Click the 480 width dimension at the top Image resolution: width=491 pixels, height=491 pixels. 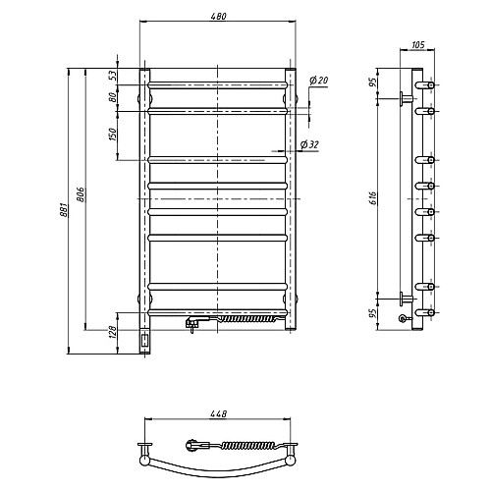(x=219, y=16)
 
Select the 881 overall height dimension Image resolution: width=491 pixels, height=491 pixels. (x=64, y=209)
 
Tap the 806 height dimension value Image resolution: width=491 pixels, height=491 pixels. (x=82, y=194)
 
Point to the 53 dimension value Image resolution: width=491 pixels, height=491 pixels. (x=113, y=76)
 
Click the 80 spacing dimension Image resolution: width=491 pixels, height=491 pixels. (x=113, y=97)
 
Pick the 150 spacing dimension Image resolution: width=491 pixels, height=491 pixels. (x=113, y=135)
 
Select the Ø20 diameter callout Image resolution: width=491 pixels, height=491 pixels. (x=318, y=80)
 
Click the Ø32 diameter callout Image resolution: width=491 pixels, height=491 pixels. (x=309, y=144)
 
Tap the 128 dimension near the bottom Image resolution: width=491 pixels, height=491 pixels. (x=113, y=333)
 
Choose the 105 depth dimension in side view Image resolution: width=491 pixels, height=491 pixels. (x=417, y=44)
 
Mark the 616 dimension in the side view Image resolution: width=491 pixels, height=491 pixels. (x=374, y=198)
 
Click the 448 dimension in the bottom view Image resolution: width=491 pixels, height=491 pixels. (x=219, y=414)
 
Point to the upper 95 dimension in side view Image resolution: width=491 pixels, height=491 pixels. (x=374, y=81)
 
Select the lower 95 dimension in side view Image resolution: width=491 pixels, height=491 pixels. (x=374, y=313)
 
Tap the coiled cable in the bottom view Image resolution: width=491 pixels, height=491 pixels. (x=246, y=445)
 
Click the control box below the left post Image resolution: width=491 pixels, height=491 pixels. (x=144, y=341)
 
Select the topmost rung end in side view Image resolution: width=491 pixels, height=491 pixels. (x=425, y=85)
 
